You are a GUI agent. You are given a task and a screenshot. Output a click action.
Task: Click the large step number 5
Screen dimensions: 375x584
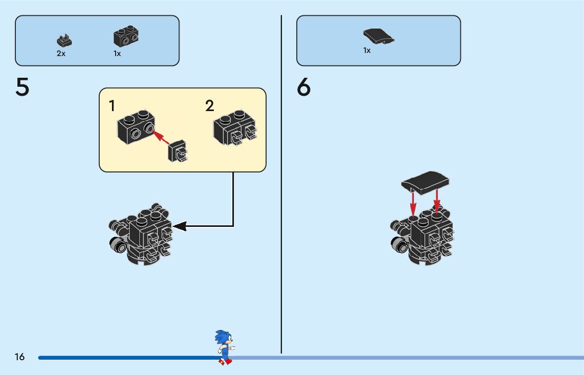click(22, 88)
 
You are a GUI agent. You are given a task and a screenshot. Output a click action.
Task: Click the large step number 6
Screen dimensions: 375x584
click(304, 88)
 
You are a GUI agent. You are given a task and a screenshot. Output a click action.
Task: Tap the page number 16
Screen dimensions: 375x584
click(20, 357)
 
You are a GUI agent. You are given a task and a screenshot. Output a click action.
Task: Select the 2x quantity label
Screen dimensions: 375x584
click(61, 53)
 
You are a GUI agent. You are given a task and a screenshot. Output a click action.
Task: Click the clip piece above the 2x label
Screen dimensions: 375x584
click(64, 40)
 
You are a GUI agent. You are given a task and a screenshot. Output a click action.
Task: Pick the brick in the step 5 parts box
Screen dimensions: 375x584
click(126, 36)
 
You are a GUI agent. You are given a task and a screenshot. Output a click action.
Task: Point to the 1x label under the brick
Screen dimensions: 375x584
click(117, 53)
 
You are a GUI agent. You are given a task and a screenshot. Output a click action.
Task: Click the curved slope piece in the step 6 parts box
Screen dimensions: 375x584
click(379, 36)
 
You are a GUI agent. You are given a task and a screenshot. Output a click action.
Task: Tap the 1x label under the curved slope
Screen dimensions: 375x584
click(367, 51)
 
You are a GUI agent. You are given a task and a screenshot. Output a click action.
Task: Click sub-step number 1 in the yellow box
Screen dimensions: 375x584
click(112, 106)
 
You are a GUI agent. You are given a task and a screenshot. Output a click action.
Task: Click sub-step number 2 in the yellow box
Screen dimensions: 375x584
click(210, 106)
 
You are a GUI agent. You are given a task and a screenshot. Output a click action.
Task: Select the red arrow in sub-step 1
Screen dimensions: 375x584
click(161, 138)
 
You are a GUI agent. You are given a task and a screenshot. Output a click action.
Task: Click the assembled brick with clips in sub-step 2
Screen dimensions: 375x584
click(237, 128)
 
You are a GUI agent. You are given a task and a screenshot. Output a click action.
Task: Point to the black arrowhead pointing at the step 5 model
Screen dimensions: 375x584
click(180, 226)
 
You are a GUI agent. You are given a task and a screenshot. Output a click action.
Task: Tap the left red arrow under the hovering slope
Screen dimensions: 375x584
click(413, 203)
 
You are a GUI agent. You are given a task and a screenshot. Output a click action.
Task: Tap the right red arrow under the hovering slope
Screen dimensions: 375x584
click(437, 201)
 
